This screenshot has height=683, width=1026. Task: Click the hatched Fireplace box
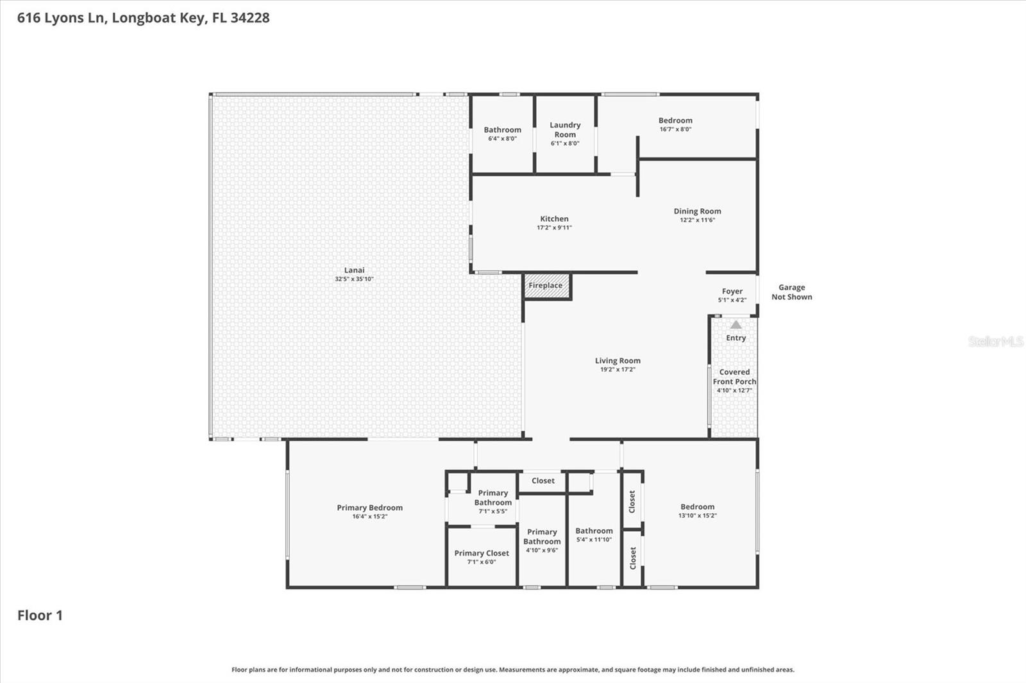[x=546, y=286]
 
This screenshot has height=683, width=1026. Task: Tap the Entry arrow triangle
[x=736, y=325]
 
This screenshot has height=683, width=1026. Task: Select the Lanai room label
[x=354, y=270]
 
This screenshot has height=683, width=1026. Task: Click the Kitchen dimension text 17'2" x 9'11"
[x=554, y=227]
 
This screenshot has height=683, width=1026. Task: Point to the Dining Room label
[x=697, y=211]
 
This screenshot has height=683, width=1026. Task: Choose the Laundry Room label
[x=565, y=130]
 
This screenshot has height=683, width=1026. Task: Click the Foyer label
[x=732, y=292]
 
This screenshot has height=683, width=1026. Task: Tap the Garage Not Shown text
[x=791, y=292]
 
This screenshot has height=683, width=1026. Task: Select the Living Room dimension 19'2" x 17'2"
[x=618, y=370]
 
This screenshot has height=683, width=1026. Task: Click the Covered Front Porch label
[x=734, y=377]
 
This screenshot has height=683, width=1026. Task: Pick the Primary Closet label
[x=482, y=554]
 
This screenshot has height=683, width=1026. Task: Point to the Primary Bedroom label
[x=369, y=508]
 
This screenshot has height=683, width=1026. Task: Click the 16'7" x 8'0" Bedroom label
[x=675, y=121]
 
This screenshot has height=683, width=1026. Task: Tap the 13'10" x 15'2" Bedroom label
[x=697, y=507]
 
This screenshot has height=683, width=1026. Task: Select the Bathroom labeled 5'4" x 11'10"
[x=594, y=531]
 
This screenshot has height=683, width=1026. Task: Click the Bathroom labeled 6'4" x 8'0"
[x=502, y=130]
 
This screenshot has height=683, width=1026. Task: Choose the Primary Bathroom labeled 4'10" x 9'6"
[x=542, y=537]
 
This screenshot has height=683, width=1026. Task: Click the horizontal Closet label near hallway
[x=542, y=481]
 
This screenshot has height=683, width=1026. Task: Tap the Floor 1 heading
[x=40, y=616]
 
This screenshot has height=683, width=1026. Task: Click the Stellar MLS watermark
[x=995, y=341]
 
